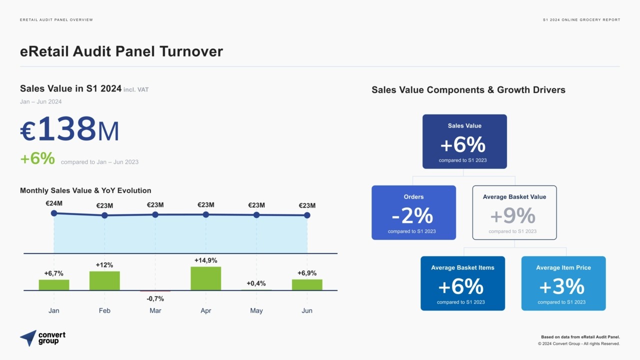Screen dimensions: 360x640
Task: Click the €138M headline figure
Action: (x=70, y=129)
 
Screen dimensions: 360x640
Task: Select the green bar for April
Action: (x=205, y=278)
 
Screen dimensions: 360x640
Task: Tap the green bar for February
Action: (x=104, y=280)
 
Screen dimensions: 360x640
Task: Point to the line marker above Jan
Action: (x=54, y=213)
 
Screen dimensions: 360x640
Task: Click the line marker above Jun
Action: (x=307, y=215)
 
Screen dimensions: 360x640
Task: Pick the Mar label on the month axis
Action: (x=155, y=310)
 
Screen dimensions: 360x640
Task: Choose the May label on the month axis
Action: (x=256, y=310)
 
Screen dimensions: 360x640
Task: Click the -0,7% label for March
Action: (x=155, y=298)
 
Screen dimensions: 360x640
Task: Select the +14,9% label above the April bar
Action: (x=205, y=260)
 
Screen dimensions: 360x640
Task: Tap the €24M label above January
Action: (x=54, y=203)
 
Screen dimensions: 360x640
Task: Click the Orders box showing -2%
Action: (x=413, y=212)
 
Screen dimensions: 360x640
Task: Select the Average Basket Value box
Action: (x=514, y=212)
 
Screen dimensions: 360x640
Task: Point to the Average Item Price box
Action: (x=563, y=283)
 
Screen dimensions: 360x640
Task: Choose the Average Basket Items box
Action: (x=462, y=283)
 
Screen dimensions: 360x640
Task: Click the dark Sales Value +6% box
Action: (x=464, y=141)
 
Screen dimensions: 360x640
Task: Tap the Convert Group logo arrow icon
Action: (x=28, y=337)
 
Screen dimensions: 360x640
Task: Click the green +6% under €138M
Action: (x=37, y=158)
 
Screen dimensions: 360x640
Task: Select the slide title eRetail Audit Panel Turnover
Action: (x=121, y=51)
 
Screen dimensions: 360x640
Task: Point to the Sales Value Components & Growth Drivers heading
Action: (x=468, y=90)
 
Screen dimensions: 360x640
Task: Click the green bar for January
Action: (x=54, y=285)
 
